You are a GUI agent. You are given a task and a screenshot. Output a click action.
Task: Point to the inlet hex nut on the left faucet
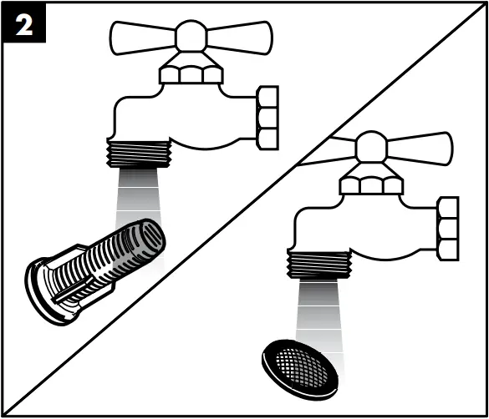coord(267,117)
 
